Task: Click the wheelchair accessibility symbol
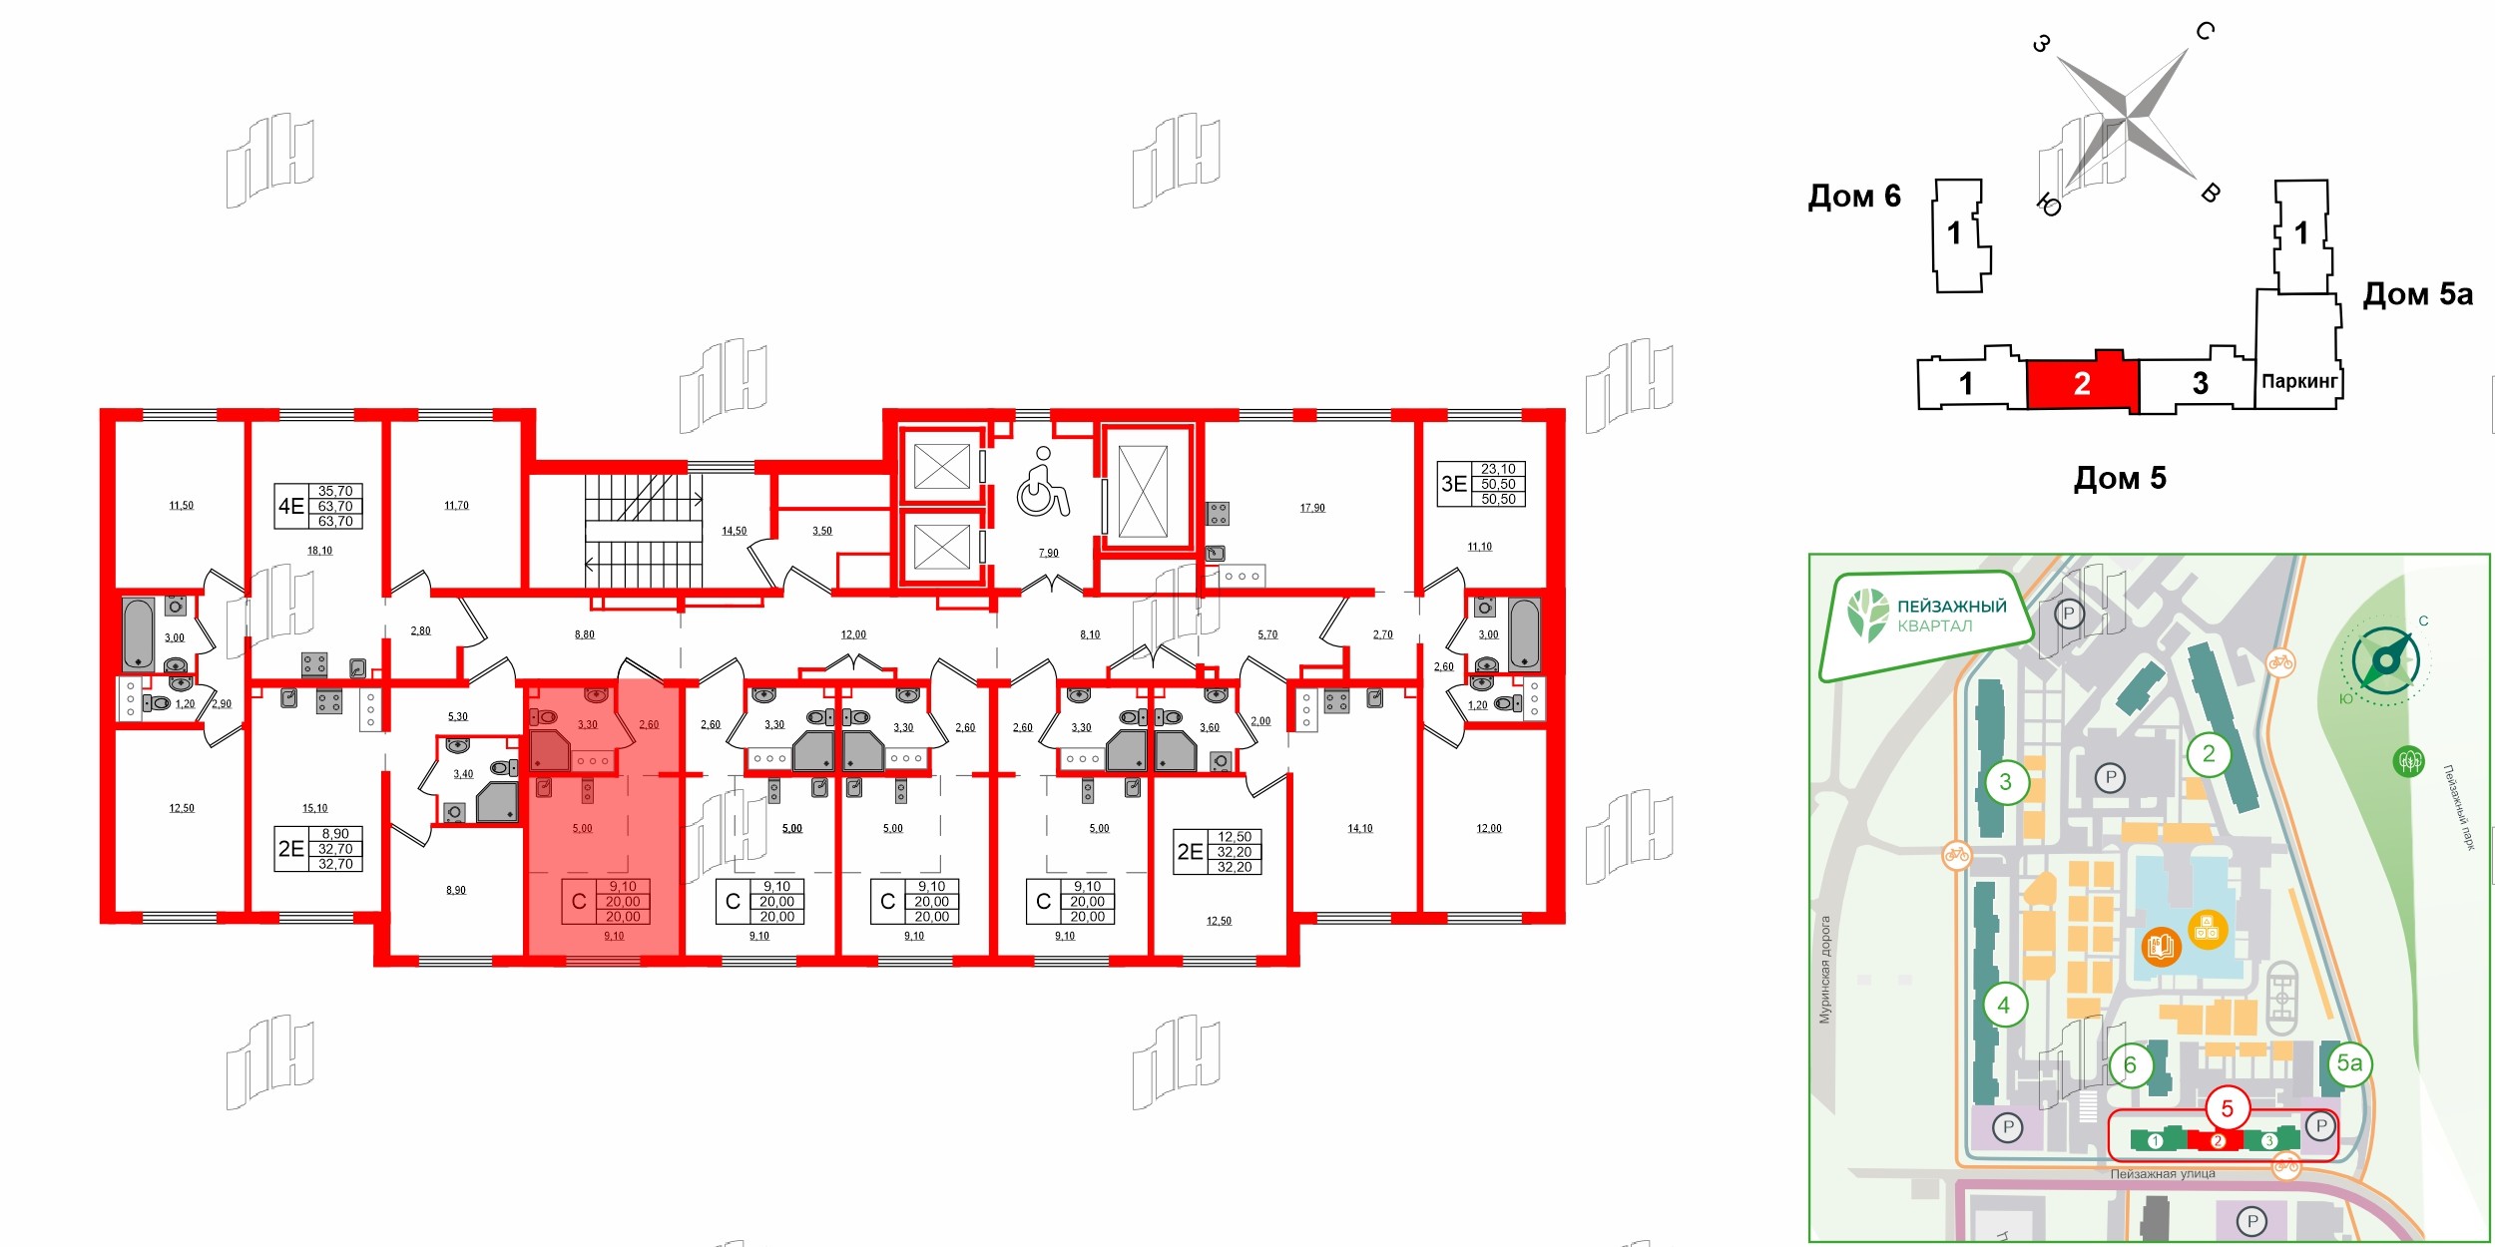[x=1043, y=485]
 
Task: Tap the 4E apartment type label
[x=290, y=507]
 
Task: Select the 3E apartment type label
[x=1453, y=484]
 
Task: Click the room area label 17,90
[x=1312, y=508]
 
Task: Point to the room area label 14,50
[x=734, y=531]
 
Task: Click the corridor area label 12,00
[x=853, y=634]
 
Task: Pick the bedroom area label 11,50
[x=181, y=506]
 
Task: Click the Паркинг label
[x=2298, y=381]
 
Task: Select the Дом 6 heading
[x=1854, y=197]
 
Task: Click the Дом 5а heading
[x=2417, y=294]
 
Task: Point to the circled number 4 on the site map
[x=2003, y=1005]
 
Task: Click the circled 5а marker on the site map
[x=2349, y=1063]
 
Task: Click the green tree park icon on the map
[x=2409, y=762]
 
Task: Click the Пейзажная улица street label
[x=2162, y=1174]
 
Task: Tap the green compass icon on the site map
[x=2385, y=660]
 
